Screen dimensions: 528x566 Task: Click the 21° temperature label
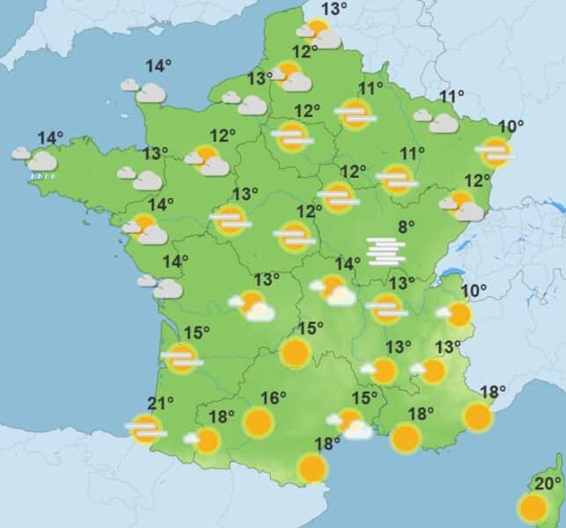click(x=160, y=403)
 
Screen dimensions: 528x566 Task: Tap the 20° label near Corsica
click(x=548, y=484)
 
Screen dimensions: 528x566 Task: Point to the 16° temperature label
click(x=274, y=398)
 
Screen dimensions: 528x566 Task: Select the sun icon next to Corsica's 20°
click(x=532, y=508)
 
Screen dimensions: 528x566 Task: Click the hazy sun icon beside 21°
click(x=145, y=429)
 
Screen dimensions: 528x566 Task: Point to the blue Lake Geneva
click(x=452, y=274)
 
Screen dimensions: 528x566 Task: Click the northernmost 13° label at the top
click(x=334, y=10)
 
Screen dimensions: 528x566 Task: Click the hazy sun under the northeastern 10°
click(x=495, y=151)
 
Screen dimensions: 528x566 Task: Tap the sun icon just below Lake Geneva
click(x=457, y=314)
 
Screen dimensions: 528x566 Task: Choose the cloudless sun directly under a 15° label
click(x=296, y=353)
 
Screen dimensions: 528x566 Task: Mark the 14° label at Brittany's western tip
click(x=50, y=137)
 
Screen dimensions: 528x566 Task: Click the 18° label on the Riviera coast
click(x=493, y=392)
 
